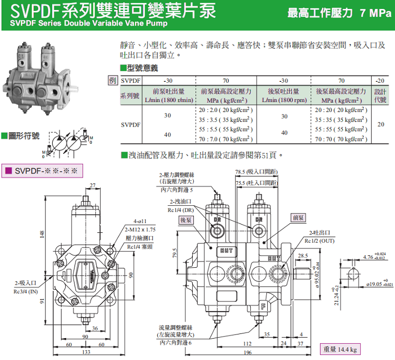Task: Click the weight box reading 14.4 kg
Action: click(339, 350)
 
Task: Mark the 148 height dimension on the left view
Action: click(42, 235)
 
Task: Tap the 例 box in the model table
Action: click(113, 81)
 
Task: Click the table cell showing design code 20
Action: click(381, 125)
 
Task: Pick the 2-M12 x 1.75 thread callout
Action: click(140, 229)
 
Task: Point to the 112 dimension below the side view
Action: click(247, 344)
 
